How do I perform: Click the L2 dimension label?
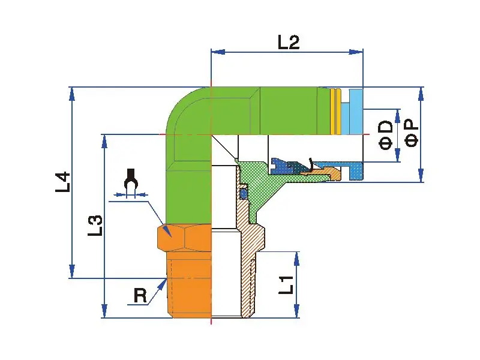288,42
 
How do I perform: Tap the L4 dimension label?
63,182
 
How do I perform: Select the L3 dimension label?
96,225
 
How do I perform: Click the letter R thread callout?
140,295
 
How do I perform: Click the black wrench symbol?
129,182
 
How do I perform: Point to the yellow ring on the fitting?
336,112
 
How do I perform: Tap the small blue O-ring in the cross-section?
244,194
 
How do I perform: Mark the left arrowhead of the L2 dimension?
215,52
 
